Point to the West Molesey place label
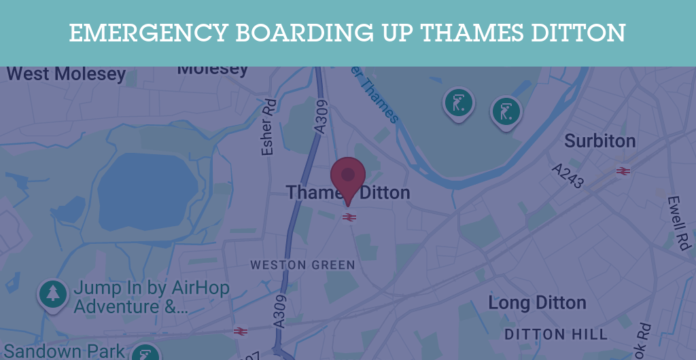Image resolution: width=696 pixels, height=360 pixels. tap(65, 73)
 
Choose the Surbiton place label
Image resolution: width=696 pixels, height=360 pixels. tap(600, 141)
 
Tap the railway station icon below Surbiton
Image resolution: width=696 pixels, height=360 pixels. tap(623, 170)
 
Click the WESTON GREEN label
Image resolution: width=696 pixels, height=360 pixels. tap(302, 265)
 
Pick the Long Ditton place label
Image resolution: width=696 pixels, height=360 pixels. tap(537, 303)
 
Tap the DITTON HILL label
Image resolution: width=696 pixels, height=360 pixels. tap(556, 334)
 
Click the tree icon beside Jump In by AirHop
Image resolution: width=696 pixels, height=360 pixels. tap(53, 293)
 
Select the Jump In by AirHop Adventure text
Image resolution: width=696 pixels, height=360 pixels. tap(151, 298)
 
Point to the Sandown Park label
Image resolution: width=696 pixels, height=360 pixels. tap(65, 351)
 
